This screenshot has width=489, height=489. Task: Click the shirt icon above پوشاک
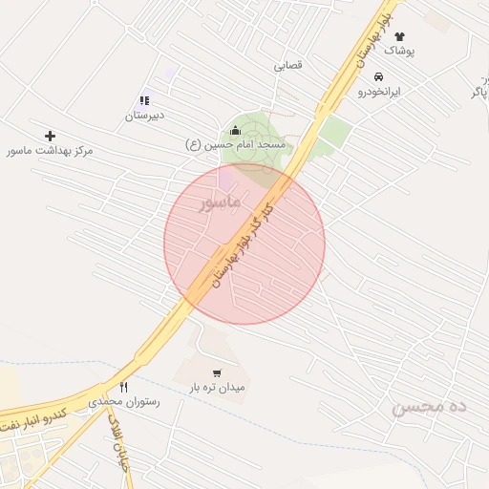pos(399,36)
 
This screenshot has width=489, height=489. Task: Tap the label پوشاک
pos(399,52)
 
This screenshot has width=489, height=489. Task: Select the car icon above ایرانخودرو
pos(379,76)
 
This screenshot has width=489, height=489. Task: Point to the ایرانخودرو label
pos(379,92)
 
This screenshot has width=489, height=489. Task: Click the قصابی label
pos(288,66)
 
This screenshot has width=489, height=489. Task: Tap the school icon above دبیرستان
pos(144,100)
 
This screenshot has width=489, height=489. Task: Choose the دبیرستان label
pos(144,116)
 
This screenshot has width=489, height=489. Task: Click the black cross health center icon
pos(51,136)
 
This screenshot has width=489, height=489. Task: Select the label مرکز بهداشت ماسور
pos(51,151)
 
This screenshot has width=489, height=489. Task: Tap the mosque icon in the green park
pos(236,130)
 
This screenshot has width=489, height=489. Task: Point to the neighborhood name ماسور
pos(219,203)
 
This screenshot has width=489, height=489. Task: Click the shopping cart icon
pos(217,373)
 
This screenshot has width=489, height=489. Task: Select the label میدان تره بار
pos(217,389)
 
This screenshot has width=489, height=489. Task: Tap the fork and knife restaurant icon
pos(124,387)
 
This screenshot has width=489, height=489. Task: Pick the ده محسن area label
pos(430,408)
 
